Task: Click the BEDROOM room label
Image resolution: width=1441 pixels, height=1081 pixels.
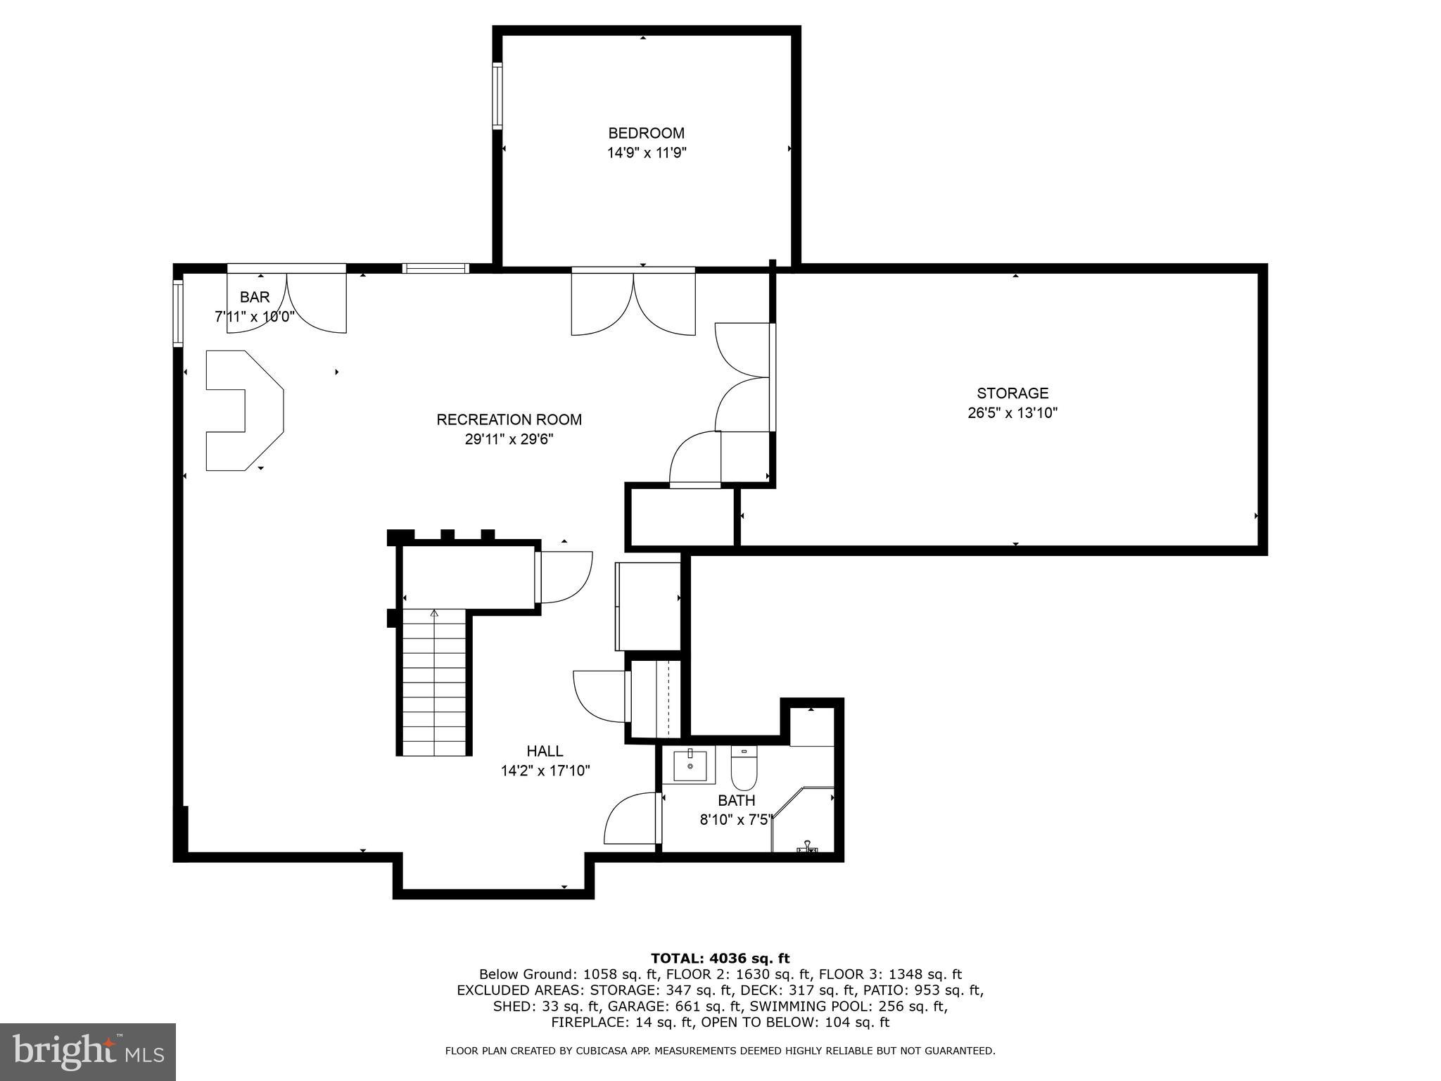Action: pos(646,133)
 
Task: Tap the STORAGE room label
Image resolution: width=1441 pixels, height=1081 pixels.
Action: pos(1012,393)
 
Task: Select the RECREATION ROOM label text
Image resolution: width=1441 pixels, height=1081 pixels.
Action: pos(509,419)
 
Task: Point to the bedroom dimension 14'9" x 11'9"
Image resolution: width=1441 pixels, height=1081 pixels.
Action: pos(646,153)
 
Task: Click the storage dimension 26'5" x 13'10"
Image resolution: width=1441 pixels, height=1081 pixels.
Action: pos(1012,413)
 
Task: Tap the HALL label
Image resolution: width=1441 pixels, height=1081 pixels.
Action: pos(545,751)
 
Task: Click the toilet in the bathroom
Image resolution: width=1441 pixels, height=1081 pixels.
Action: pos(743,770)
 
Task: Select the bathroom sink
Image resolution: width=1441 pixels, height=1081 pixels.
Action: pos(689,765)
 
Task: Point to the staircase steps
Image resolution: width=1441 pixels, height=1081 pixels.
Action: pos(434,683)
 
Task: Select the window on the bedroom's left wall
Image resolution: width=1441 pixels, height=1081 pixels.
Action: pos(497,96)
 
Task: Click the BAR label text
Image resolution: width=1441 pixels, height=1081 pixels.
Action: pos(254,297)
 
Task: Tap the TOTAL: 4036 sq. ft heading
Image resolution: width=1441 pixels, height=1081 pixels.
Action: pos(720,958)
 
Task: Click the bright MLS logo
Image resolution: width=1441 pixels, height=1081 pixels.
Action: pos(88,1052)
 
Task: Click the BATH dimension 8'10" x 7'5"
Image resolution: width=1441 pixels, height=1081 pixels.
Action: pos(736,820)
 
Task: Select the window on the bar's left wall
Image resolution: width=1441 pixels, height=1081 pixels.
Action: pos(178,313)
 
